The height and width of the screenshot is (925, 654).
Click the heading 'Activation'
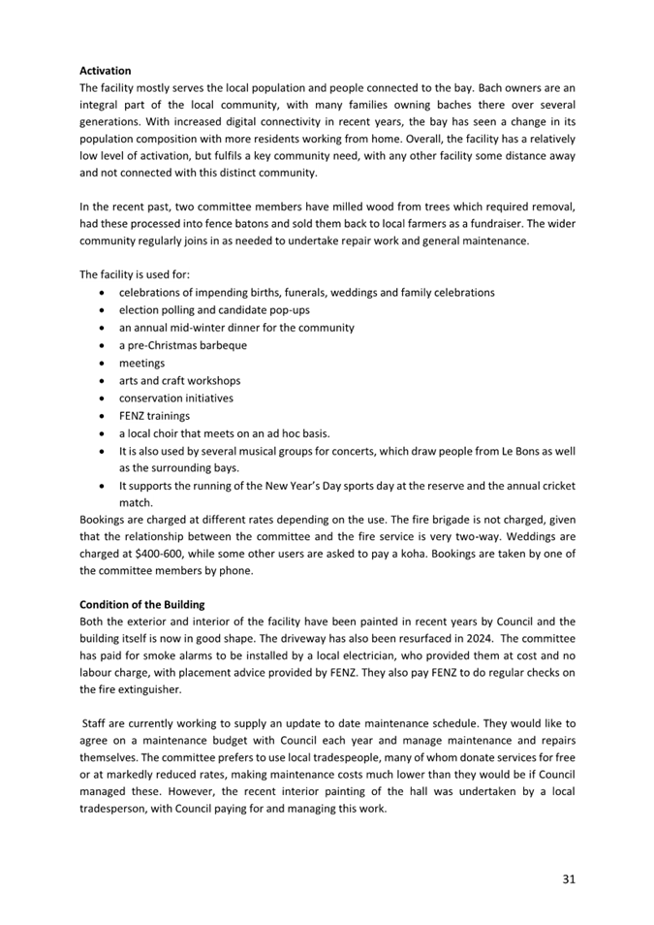coord(105,71)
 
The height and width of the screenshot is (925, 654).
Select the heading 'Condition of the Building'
coord(141,605)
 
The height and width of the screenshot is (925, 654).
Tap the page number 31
coord(569,879)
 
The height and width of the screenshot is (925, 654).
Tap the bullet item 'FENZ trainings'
coord(154,415)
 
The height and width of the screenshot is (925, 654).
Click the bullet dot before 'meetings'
coord(104,363)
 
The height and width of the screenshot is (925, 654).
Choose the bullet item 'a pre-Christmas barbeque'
coord(182,345)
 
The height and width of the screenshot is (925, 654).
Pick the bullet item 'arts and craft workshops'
coord(179,380)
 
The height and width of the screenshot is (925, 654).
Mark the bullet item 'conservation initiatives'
coord(175,398)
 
